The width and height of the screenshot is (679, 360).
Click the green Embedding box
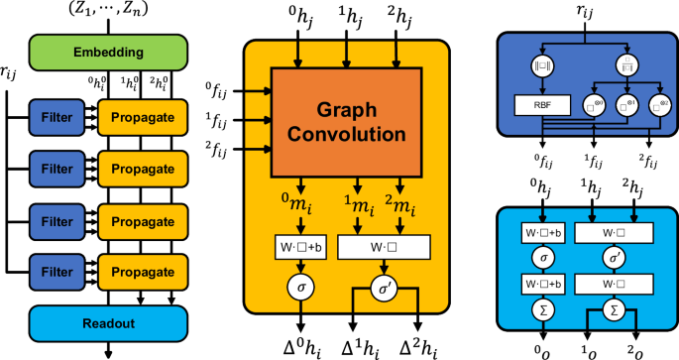[x=103, y=51]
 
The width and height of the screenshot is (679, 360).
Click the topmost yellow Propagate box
[x=145, y=116]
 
